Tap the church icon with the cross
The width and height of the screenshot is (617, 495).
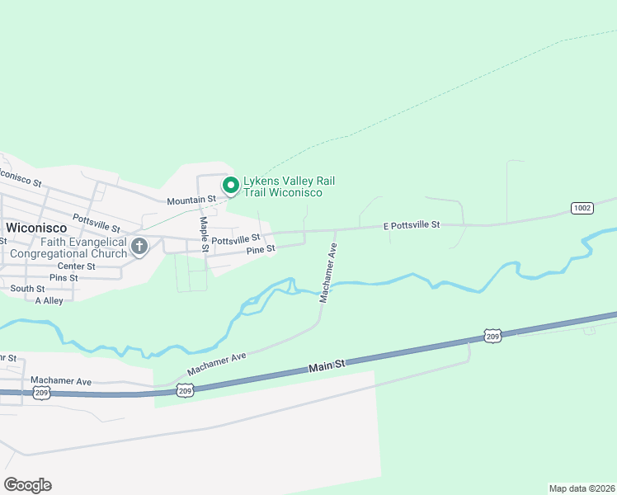(x=139, y=246)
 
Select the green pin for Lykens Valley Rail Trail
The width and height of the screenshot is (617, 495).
(x=232, y=186)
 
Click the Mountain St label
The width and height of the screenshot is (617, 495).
(x=191, y=200)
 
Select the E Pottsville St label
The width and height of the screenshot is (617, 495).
(x=412, y=224)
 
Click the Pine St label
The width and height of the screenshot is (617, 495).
(x=259, y=248)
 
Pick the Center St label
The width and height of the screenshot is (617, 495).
(x=76, y=266)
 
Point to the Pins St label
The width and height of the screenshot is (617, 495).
(x=63, y=278)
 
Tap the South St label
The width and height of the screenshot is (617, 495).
(x=27, y=289)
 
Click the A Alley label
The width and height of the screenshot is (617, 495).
(x=49, y=301)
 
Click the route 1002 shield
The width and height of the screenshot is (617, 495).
(x=582, y=208)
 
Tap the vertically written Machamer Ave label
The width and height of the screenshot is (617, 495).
(x=327, y=272)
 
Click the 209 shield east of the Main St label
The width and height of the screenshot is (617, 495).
(x=492, y=336)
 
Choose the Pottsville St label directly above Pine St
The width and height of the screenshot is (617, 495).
(x=236, y=240)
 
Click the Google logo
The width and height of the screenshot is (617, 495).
(x=27, y=485)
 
